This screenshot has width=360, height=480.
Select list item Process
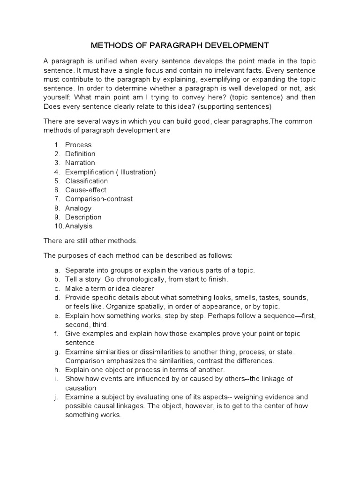point(78,145)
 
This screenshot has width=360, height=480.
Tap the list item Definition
point(80,154)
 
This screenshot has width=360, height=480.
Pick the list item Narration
point(80,163)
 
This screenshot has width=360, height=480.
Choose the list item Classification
point(86,181)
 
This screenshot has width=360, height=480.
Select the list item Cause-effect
point(86,190)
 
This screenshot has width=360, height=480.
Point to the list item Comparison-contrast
point(99,199)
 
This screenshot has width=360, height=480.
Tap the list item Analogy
point(78,208)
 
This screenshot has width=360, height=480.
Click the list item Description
point(83,217)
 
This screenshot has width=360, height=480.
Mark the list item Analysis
point(79,226)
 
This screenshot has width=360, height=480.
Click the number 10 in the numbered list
point(58,226)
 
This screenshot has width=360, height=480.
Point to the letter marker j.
point(56,397)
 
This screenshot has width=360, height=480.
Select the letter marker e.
point(56,316)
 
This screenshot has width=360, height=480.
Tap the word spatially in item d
point(139,307)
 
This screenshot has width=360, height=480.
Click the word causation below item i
point(81,388)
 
